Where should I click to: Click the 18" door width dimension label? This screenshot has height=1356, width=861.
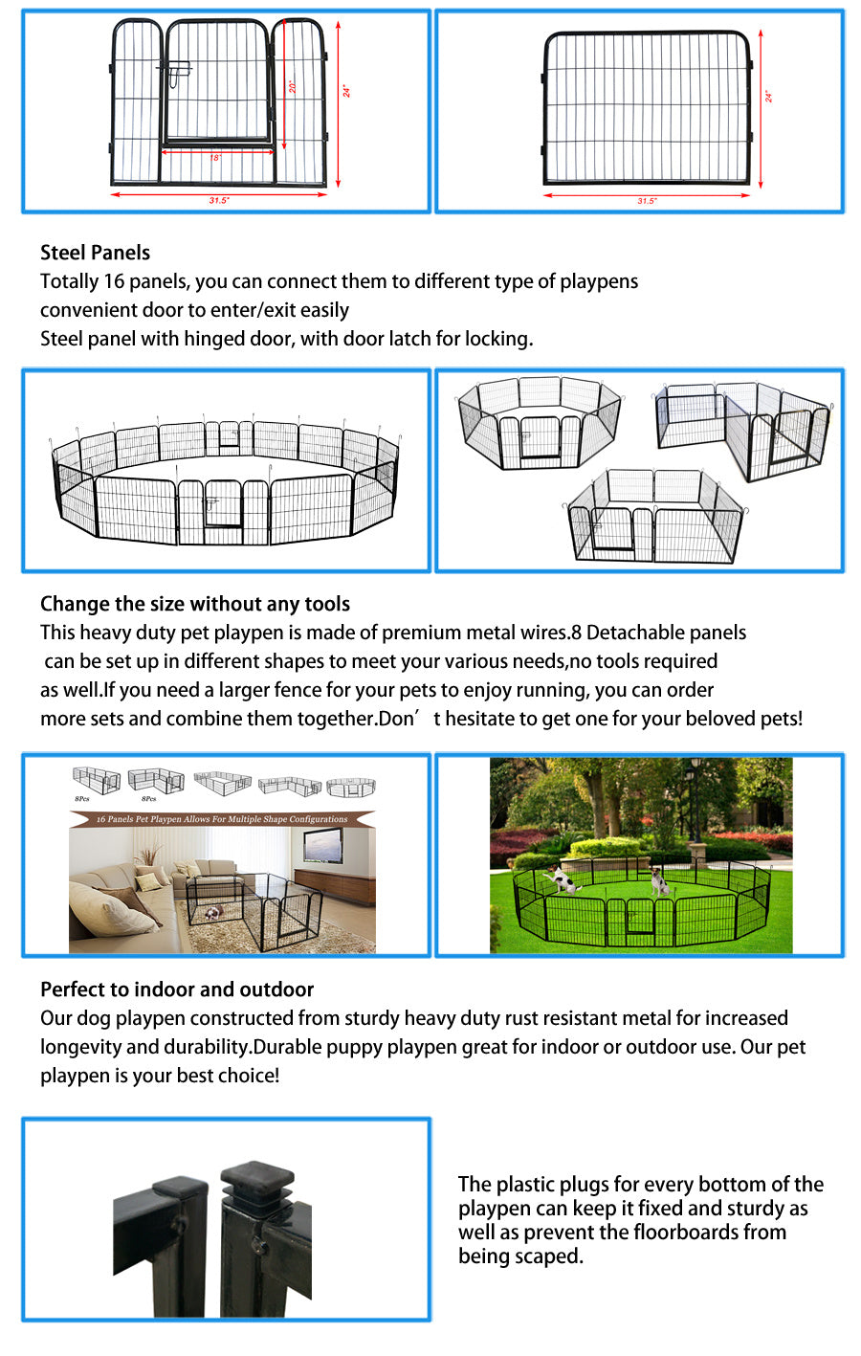[x=216, y=157]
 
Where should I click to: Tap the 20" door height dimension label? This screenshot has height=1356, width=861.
[x=294, y=86]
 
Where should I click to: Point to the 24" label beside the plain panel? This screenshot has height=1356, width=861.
[x=768, y=96]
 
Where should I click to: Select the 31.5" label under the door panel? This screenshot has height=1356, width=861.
[x=219, y=201]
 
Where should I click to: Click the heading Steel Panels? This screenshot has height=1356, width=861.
[x=95, y=253]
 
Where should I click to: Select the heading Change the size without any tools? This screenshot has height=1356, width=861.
[x=195, y=604]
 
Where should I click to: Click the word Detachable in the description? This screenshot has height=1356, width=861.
[x=636, y=633]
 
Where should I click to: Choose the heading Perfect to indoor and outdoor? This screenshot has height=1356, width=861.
[x=177, y=989]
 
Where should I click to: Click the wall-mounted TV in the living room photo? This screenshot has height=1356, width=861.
[x=322, y=845]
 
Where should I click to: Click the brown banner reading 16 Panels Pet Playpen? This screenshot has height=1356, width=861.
[x=222, y=819]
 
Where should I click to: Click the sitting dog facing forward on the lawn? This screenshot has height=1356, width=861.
[x=658, y=880]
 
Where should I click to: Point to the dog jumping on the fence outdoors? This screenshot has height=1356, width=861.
[x=560, y=878]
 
